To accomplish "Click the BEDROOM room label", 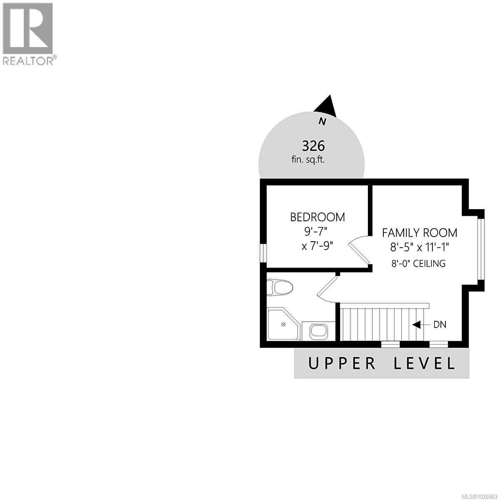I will [x=317, y=217].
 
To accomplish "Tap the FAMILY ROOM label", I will [x=420, y=232].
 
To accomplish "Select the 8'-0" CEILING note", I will [x=418, y=263].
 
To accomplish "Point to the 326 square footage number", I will [x=313, y=146].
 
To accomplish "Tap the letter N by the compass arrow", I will [x=322, y=122].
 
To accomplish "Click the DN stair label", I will [x=440, y=325].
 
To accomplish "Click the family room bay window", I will [x=481, y=249].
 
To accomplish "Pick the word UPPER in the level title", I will [x=342, y=363].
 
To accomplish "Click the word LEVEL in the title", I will [x=425, y=363].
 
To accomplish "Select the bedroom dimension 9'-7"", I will [x=317, y=231].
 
